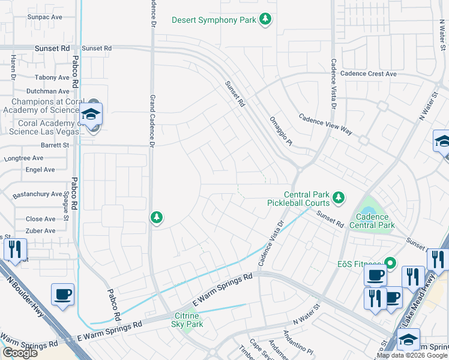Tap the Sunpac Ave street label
[44, 17]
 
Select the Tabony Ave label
[52, 77]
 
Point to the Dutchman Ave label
[48, 91]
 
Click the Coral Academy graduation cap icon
[91, 114]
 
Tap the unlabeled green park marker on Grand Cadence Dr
[157, 217]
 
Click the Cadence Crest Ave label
[369, 74]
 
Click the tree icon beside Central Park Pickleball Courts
[339, 197]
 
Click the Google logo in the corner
[20, 353]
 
